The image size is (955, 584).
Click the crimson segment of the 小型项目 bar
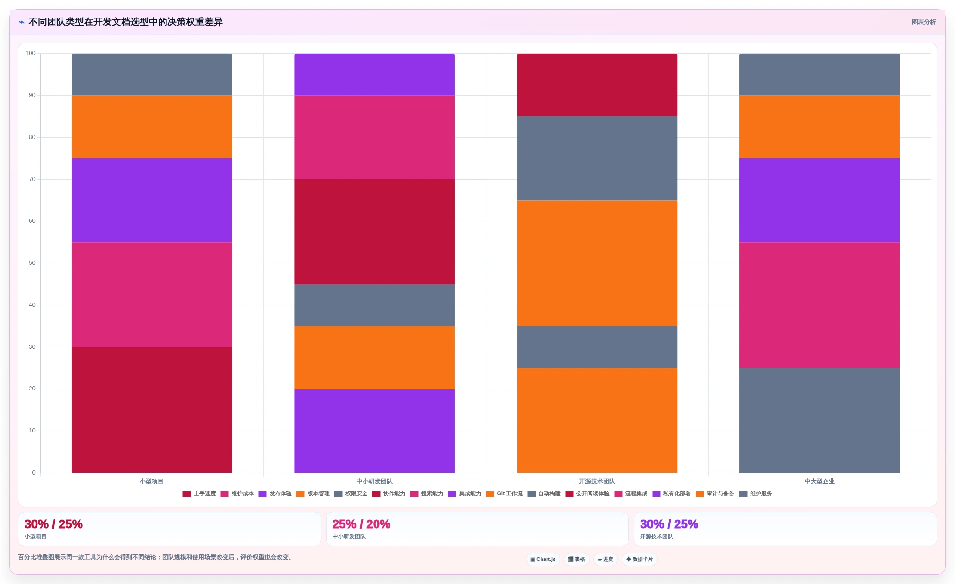[152, 410]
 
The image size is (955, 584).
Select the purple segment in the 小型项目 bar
[152, 200]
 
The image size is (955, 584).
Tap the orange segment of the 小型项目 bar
[152, 127]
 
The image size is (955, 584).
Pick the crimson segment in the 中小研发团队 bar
[374, 231]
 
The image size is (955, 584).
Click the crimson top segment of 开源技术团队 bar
[597, 85]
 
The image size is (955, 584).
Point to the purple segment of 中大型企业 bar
[819, 200]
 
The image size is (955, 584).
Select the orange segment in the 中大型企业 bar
[819, 127]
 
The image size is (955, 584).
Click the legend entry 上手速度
[199, 494]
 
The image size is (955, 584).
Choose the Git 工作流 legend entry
[504, 494]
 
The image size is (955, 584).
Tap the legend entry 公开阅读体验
[587, 494]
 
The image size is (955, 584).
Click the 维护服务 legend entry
[756, 494]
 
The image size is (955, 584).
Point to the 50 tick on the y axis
[32, 263]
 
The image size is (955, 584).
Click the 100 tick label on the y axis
[31, 53]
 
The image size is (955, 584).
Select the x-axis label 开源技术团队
[597, 481]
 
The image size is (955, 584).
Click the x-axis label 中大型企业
[819, 481]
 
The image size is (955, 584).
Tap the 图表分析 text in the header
[924, 22]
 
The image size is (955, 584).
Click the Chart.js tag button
[543, 560]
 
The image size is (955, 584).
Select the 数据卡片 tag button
[640, 560]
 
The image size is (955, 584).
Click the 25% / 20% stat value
[361, 524]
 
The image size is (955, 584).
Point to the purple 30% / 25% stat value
[669, 524]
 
